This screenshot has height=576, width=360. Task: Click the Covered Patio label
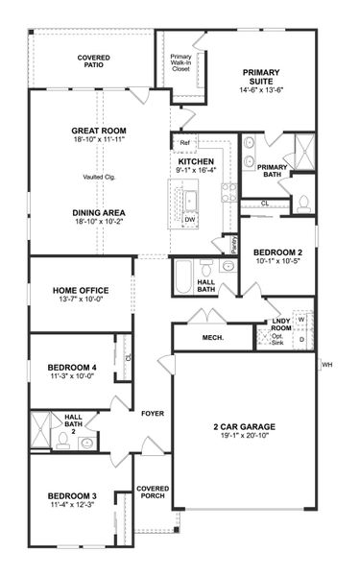(92, 62)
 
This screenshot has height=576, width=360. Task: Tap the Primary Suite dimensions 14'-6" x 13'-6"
(262, 89)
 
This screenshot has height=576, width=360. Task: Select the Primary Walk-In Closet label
(180, 62)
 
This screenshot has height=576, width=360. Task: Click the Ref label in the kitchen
(184, 143)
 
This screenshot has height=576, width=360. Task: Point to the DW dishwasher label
(190, 219)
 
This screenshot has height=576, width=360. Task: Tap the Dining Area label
(100, 212)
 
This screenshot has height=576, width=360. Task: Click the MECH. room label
(213, 339)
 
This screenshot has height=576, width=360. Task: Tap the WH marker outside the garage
(326, 365)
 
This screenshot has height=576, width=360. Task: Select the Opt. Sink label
(277, 340)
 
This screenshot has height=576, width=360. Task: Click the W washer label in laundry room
(300, 319)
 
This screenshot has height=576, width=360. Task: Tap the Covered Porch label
(153, 492)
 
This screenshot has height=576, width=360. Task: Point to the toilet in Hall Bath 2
(86, 443)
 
